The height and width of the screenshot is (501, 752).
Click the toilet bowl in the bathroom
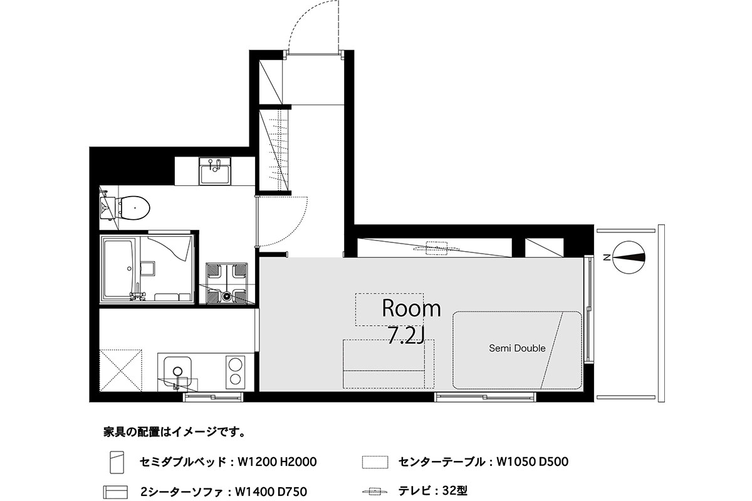tap(133, 208)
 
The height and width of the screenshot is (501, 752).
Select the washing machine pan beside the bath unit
tap(227, 284)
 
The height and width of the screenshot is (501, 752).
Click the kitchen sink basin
tap(177, 371)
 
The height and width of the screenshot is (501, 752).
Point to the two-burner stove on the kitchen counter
tap(236, 371)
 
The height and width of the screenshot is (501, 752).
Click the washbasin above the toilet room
tap(215, 171)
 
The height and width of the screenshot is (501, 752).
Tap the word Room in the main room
tap(411, 308)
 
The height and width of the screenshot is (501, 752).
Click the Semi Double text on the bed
tap(517, 348)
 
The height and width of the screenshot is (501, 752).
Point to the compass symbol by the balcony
tap(629, 257)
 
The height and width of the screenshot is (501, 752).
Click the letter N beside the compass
tap(607, 257)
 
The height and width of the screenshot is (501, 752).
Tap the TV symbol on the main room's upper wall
tap(436, 249)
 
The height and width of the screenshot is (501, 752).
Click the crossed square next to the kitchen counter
tap(121, 370)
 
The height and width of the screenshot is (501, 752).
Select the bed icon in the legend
tap(117, 462)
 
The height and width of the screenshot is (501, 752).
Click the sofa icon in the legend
tap(115, 492)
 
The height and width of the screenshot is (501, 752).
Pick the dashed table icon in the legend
tap(375, 462)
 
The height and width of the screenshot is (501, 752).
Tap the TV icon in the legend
tap(375, 492)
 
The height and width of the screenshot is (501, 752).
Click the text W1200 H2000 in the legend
tap(277, 462)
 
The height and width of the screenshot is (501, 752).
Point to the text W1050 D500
tap(533, 462)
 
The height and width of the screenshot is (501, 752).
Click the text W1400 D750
tap(271, 492)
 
